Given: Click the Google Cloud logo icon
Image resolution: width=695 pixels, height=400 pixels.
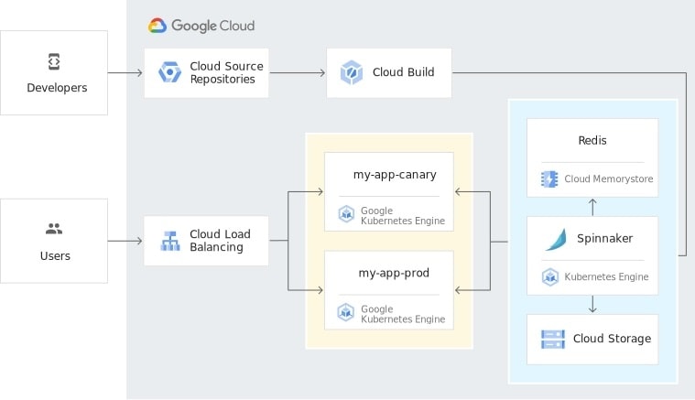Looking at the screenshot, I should (x=157, y=26).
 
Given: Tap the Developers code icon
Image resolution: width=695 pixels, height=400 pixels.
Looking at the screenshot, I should (x=53, y=61).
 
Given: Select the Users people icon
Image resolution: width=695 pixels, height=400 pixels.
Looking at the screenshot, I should (x=53, y=229).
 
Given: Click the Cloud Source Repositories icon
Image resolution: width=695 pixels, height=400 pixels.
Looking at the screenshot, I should (x=169, y=72).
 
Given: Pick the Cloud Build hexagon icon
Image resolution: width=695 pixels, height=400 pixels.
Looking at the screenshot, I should (x=352, y=72).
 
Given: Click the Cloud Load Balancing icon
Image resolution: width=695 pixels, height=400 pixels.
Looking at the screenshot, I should (x=169, y=241).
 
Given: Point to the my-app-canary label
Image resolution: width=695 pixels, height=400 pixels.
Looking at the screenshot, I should (x=395, y=174).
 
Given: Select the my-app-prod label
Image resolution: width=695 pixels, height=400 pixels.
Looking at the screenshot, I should (x=394, y=273).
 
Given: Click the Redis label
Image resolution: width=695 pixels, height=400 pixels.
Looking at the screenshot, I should (x=592, y=140).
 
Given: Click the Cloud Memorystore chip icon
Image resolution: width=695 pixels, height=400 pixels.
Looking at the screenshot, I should (x=549, y=179).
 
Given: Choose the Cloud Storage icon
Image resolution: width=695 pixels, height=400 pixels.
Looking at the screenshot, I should (x=552, y=339).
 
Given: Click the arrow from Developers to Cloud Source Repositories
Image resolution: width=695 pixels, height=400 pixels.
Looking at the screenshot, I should (x=125, y=72).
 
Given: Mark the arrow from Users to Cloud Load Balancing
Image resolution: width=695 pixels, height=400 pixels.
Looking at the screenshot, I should (x=125, y=241).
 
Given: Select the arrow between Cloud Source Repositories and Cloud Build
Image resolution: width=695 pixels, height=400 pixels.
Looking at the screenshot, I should (x=298, y=72).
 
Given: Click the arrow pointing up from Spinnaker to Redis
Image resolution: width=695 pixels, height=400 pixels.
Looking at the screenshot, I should (x=592, y=207).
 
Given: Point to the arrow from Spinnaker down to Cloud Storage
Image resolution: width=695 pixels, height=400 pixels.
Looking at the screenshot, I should (x=592, y=304).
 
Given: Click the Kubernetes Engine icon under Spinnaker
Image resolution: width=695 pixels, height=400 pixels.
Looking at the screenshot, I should (x=549, y=276).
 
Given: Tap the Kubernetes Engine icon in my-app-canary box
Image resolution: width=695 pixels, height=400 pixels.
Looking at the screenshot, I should (x=346, y=214).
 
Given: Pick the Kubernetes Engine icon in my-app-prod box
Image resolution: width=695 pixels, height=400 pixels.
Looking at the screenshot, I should (x=346, y=313).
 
